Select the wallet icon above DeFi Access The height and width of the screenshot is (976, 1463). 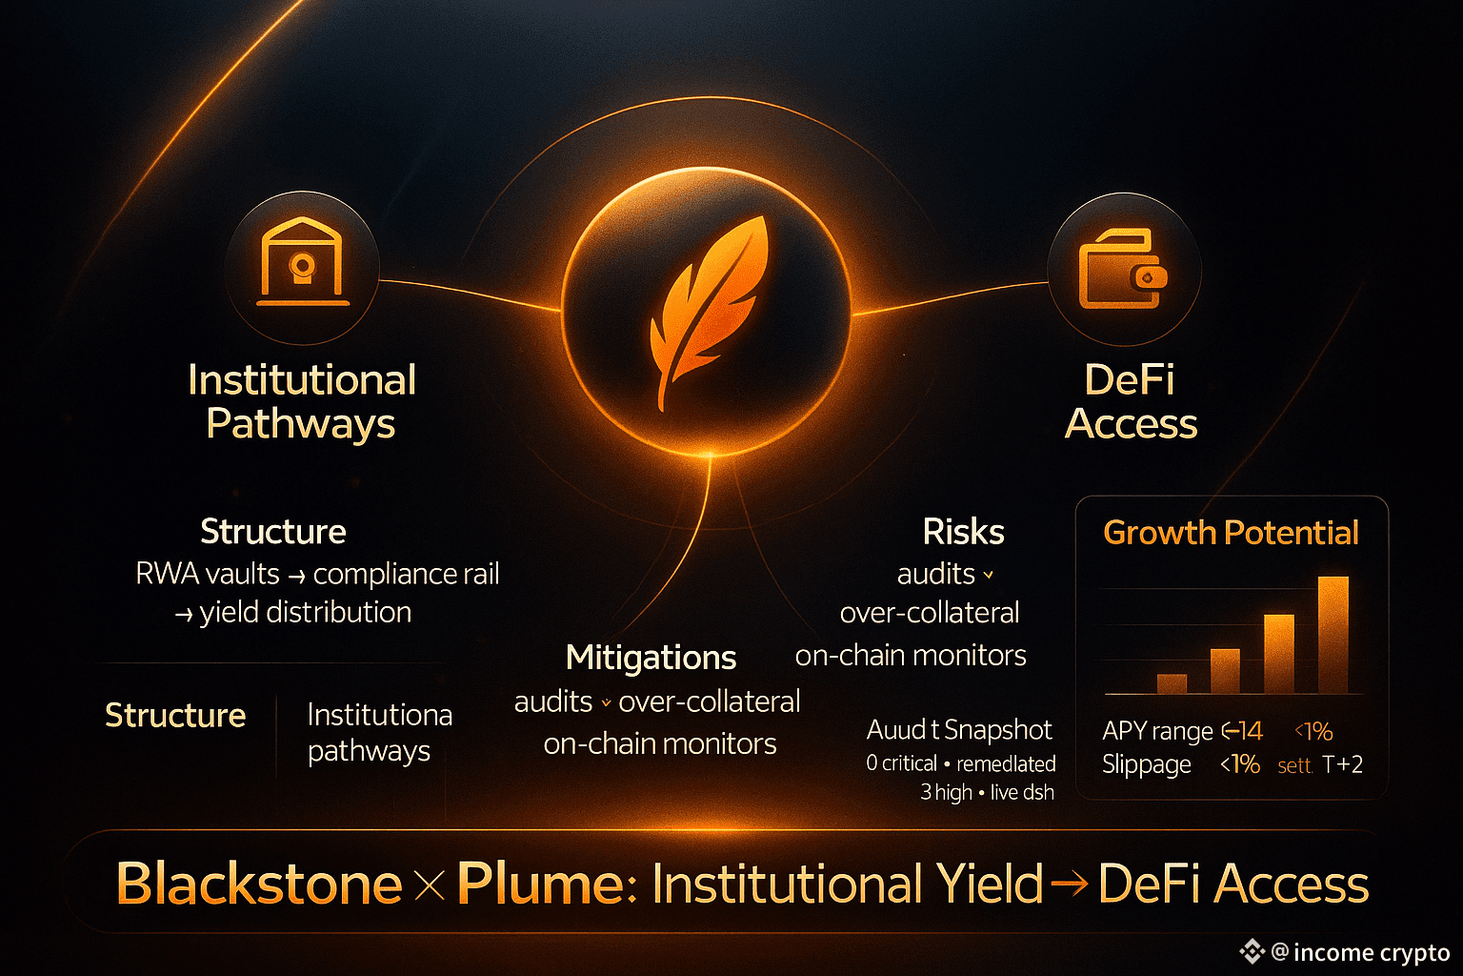click(x=1123, y=269)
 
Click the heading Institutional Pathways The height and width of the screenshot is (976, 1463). click(x=302, y=401)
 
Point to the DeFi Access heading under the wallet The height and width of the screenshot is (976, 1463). click(x=1131, y=401)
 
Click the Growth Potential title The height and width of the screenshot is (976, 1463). click(x=1231, y=532)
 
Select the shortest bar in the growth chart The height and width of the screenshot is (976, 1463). click(x=1172, y=683)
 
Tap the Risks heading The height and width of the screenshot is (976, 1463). click(x=963, y=532)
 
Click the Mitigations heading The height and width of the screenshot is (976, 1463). click(x=651, y=658)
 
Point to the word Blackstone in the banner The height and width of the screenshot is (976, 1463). click(x=259, y=884)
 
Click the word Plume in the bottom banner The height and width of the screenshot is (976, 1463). click(x=540, y=884)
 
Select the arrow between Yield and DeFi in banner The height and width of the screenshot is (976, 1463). click(x=1070, y=885)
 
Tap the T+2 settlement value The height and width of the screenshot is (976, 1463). click(x=1342, y=764)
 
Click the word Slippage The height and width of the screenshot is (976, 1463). click(x=1146, y=764)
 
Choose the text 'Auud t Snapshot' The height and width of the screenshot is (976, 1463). click(x=959, y=730)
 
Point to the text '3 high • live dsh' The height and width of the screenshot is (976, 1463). click(x=987, y=792)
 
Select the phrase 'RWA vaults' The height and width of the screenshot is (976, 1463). click(x=208, y=574)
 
